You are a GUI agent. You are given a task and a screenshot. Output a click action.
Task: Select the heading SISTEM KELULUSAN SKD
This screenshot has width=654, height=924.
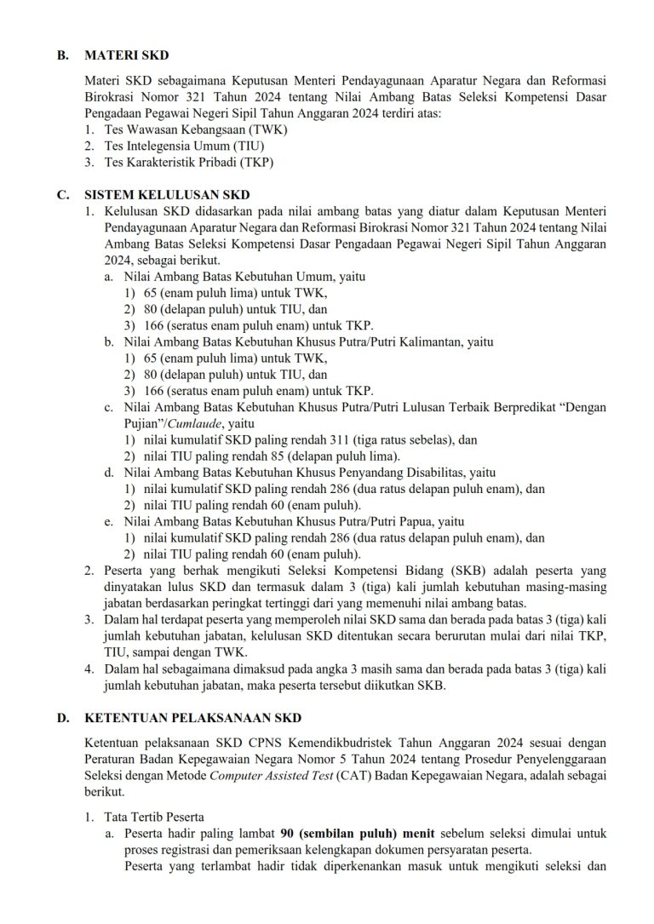tap(167, 194)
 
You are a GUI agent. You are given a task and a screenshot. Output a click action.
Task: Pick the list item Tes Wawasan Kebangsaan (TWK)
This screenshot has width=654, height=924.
tap(196, 129)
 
